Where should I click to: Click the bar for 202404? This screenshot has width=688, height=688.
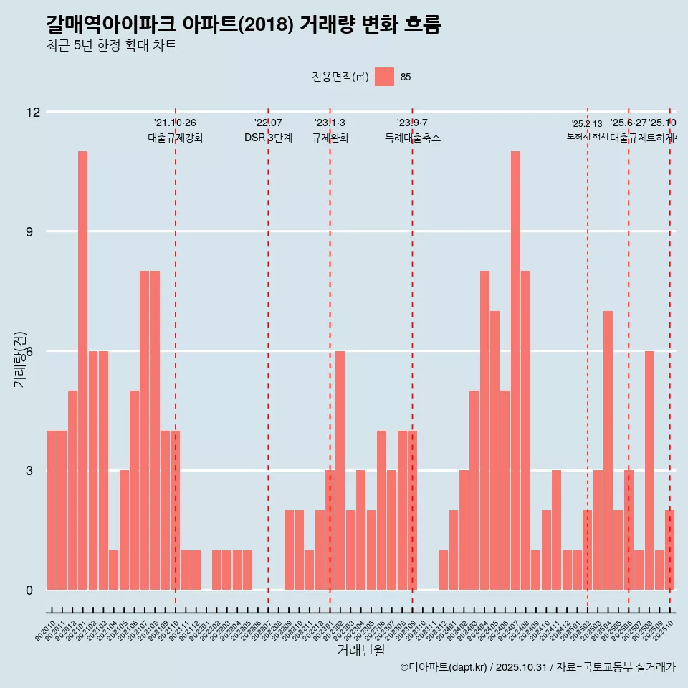[484, 430]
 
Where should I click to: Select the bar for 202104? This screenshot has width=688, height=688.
[113, 570]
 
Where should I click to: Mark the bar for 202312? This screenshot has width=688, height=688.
[443, 570]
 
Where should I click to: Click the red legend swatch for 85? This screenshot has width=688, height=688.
[384, 77]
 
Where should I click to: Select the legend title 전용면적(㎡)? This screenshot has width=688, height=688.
[340, 77]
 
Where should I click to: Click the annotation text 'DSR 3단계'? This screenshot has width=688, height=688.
[268, 138]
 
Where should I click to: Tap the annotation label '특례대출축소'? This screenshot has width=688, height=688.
[412, 138]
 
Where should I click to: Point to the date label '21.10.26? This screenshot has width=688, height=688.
[175, 123]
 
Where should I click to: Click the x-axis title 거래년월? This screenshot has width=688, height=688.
[360, 650]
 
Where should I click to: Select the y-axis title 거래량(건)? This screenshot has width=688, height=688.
[20, 358]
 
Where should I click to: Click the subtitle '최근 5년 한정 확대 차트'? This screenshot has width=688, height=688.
[111, 46]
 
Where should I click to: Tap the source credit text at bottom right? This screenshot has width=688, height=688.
[537, 667]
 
